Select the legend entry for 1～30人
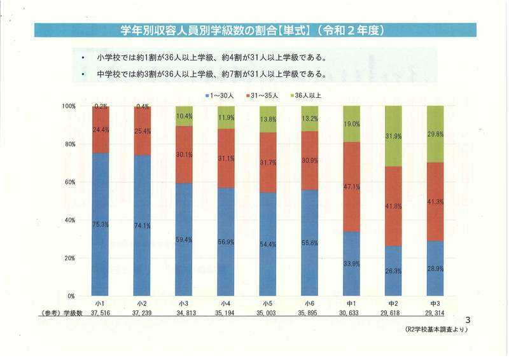(222, 96)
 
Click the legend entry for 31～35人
(266, 96)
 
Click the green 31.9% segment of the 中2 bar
(393, 136)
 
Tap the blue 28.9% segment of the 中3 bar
(435, 268)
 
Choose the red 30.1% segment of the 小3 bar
(184, 155)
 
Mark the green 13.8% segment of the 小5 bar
(268, 119)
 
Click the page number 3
(468, 319)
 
